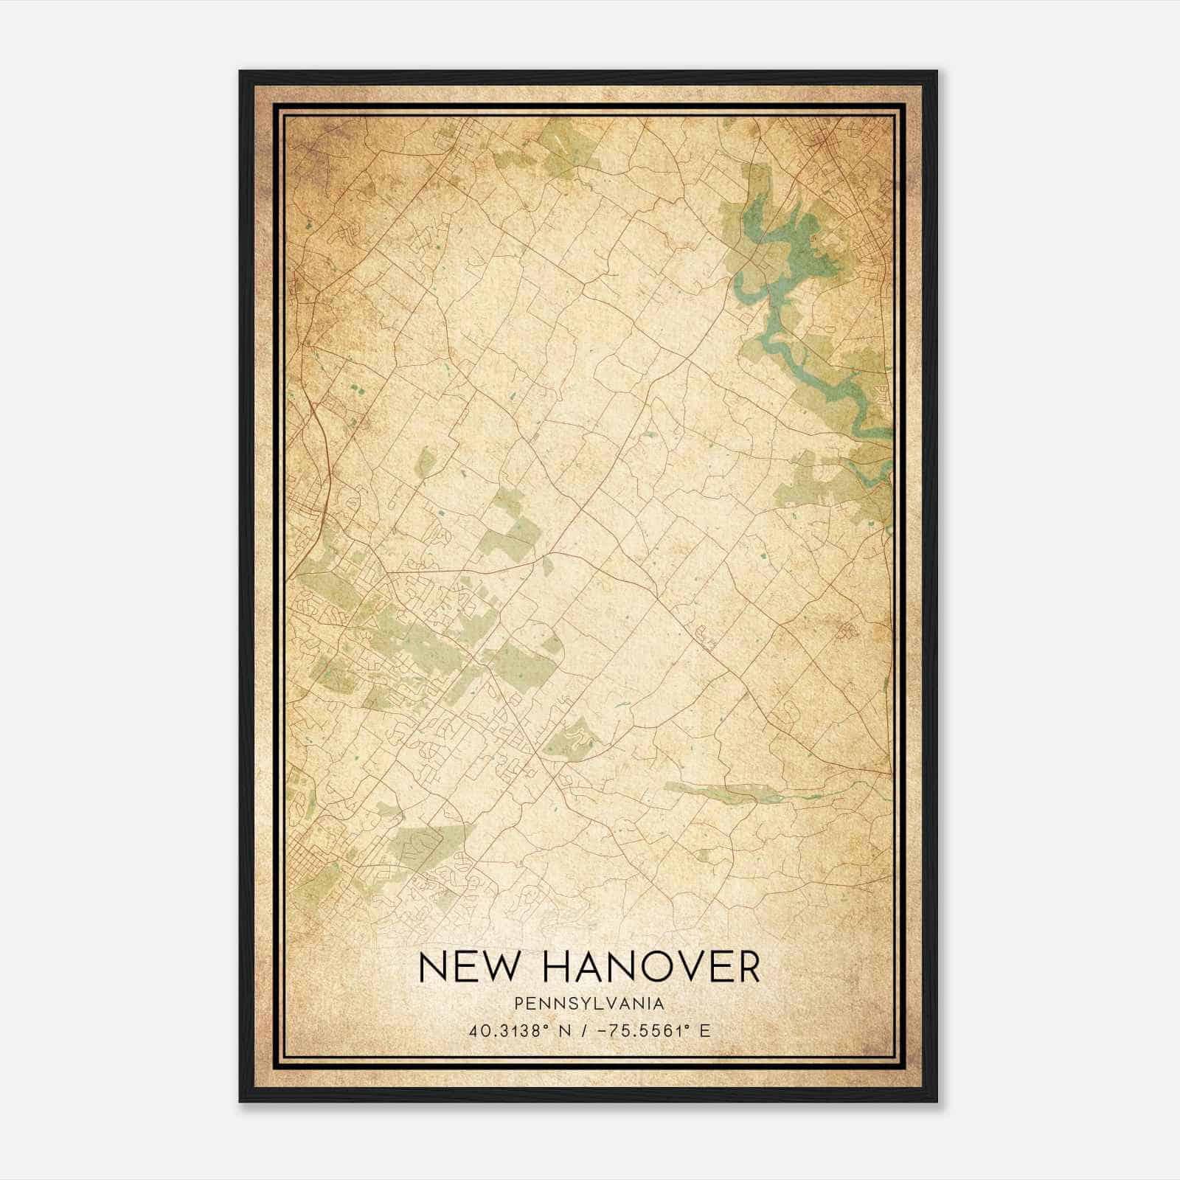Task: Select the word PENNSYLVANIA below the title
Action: coord(589,1004)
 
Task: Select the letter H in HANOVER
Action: coord(547,967)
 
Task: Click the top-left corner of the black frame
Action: coord(240,72)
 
